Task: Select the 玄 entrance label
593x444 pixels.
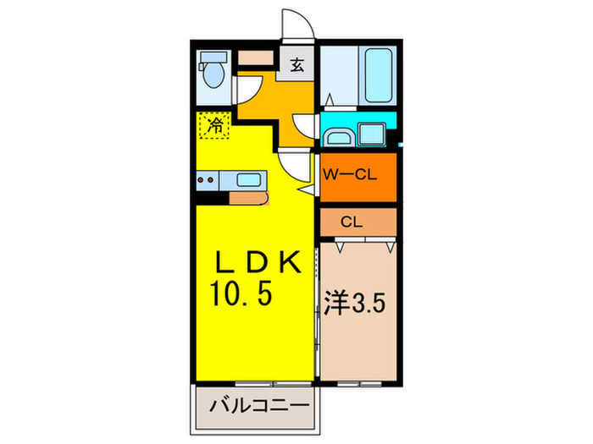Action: tap(297, 64)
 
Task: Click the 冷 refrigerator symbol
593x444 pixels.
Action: tap(213, 126)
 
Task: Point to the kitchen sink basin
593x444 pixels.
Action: tap(249, 179)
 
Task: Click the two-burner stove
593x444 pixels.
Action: tap(207, 179)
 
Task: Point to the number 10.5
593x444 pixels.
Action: tap(242, 296)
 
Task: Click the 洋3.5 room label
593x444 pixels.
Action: tap(357, 303)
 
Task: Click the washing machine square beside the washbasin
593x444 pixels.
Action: tap(372, 134)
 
